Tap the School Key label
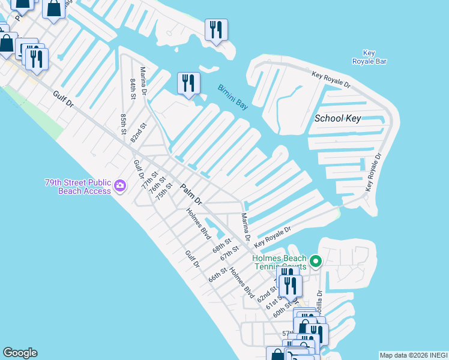[x=338, y=118]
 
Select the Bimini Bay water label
[x=233, y=97]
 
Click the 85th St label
[x=123, y=124]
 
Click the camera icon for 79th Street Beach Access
[x=120, y=186]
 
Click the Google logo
[x=20, y=353]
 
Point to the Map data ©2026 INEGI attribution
[x=413, y=355]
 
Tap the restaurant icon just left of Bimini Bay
[x=188, y=83]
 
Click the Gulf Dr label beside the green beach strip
[x=62, y=100]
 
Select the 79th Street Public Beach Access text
[x=78, y=187]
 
